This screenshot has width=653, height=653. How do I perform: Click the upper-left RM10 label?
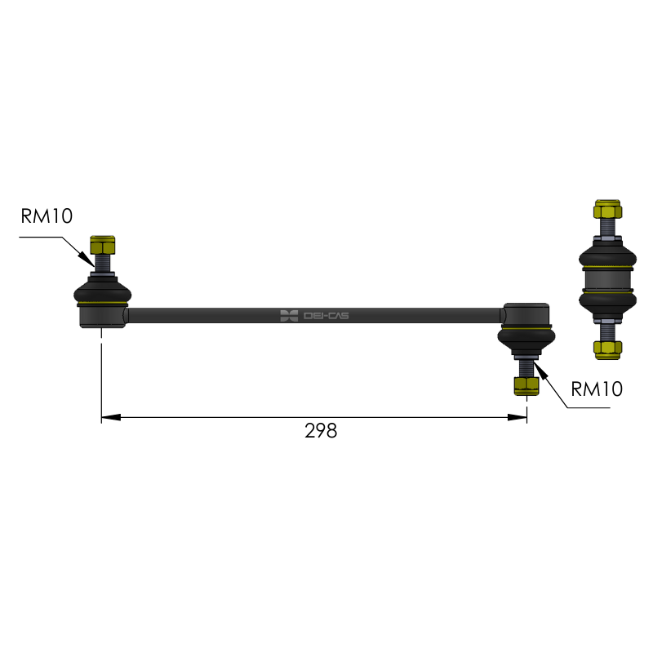click(x=47, y=215)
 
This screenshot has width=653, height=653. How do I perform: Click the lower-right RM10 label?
click(x=597, y=389)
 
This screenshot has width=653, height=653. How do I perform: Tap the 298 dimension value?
click(x=321, y=431)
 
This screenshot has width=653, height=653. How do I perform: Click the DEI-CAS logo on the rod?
click(x=314, y=316)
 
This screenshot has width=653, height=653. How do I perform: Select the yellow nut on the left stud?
click(x=103, y=245)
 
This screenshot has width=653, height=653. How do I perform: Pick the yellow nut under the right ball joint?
click(x=526, y=385)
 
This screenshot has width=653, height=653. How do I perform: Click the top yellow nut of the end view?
click(x=607, y=209)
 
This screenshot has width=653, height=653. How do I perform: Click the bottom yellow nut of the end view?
click(x=607, y=350)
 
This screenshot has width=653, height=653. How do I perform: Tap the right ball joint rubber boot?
click(x=526, y=340)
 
